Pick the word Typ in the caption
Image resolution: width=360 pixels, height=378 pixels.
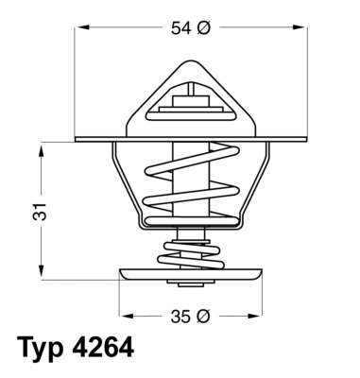46,348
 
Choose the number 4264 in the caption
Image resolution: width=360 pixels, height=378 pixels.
108,348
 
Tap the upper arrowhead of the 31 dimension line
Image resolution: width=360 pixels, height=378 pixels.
43,148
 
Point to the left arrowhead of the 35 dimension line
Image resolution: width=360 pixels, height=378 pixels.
123,314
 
